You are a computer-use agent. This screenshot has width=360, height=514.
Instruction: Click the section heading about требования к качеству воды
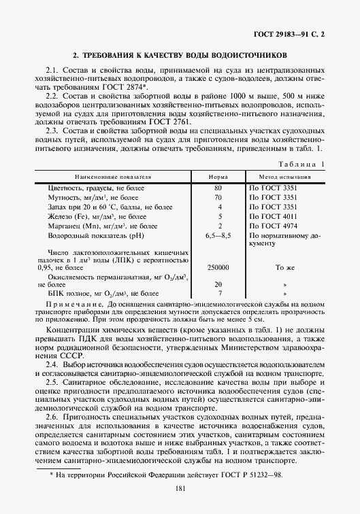tap(180, 54)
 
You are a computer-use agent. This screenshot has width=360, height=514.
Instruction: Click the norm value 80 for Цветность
tap(219, 187)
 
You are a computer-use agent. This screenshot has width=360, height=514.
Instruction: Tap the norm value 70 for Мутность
tap(219, 197)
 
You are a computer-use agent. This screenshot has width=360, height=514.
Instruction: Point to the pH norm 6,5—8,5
tap(219, 236)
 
